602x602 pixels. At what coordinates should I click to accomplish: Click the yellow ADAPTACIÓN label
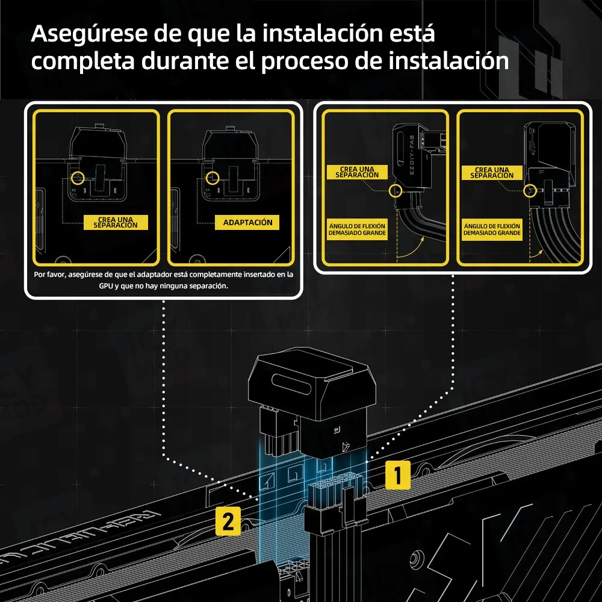pyautogui.click(x=247, y=223)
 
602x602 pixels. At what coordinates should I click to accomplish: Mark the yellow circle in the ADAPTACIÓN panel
pyautogui.click(x=211, y=178)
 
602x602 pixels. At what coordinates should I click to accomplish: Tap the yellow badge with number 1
pyautogui.click(x=397, y=475)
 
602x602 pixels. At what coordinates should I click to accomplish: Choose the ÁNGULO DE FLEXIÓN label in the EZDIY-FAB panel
pyautogui.click(x=357, y=229)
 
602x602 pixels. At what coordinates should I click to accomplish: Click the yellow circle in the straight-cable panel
pyautogui.click(x=530, y=190)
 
